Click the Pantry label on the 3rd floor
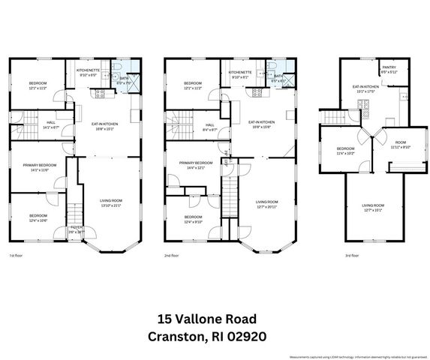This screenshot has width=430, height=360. (389, 68)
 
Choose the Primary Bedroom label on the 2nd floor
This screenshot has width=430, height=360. (194, 163)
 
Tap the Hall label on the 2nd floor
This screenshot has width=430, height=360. (210, 124)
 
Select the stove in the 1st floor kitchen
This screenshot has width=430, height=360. (98, 93)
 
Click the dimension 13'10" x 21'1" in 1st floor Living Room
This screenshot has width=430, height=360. (111, 205)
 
